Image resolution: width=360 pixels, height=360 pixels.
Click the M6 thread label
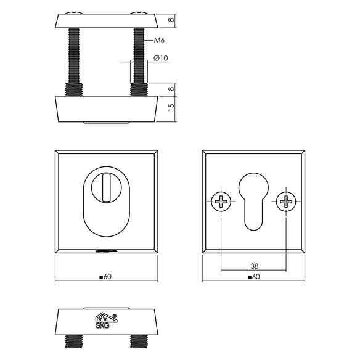159,41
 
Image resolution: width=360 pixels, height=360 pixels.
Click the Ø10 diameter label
161,58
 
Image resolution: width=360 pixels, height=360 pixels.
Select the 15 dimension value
171,107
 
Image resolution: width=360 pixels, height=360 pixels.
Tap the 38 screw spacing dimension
255,266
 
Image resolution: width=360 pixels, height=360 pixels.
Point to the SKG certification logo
106,321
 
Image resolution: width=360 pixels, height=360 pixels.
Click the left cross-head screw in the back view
221,202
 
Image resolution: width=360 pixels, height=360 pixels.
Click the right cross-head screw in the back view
286,202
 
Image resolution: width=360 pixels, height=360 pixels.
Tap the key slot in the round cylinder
106,188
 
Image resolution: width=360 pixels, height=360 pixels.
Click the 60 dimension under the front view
105,277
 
